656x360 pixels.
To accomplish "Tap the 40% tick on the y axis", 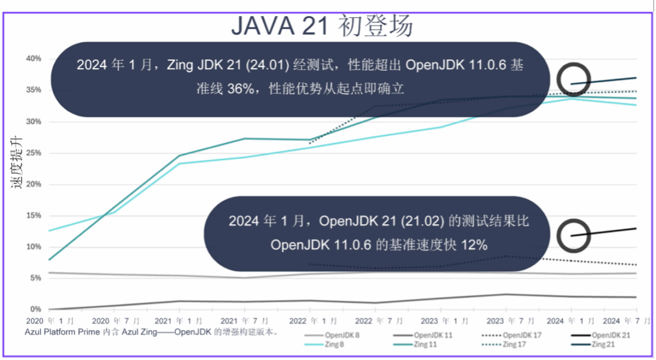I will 33,59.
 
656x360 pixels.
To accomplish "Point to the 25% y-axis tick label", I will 33,153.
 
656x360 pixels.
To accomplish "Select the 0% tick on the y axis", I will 35,309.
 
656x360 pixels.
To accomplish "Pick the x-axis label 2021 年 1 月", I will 180,320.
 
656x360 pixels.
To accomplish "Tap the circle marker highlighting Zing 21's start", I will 572,80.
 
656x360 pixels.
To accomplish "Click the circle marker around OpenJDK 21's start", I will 572,236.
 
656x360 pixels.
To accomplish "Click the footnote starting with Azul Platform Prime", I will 151,332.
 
